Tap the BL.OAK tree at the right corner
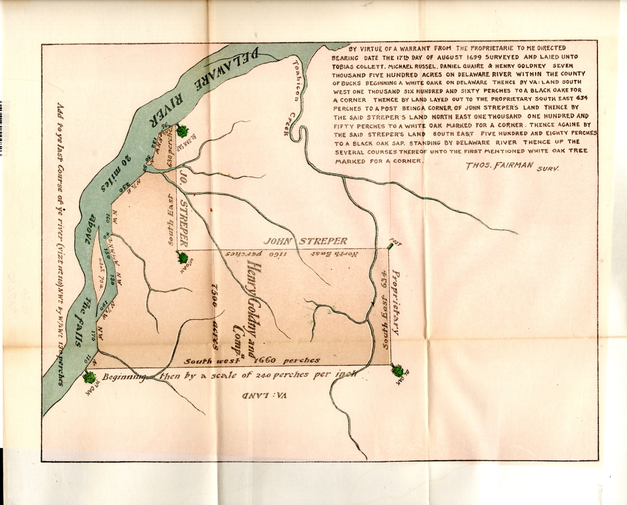click(398, 370)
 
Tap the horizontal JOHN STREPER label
click(305, 241)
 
